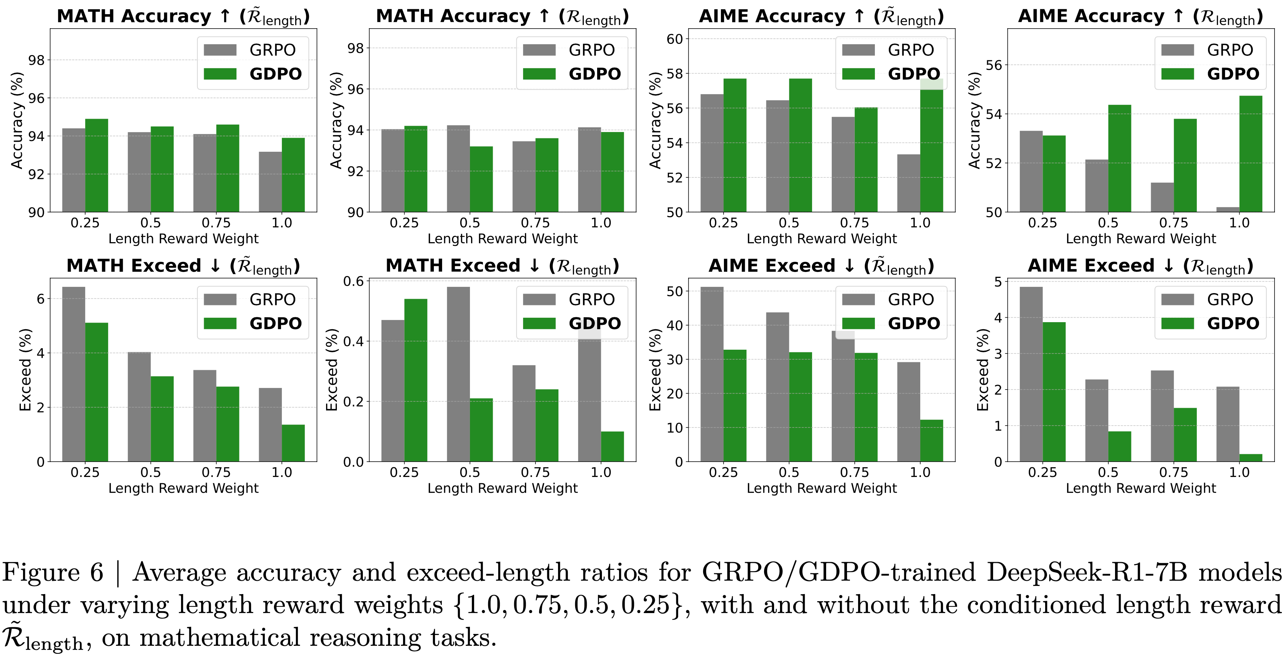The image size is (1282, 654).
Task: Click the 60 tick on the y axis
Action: [x=674, y=39]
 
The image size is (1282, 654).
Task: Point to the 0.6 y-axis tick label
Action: [x=353, y=281]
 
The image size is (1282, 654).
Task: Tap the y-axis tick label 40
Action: [x=674, y=325]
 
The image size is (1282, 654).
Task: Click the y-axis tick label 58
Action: [x=674, y=74]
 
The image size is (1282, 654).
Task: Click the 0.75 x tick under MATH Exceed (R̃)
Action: [x=216, y=472]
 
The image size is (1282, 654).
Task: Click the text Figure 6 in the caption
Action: [x=52, y=573]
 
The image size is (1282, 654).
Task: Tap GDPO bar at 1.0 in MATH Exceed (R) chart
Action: [x=612, y=446]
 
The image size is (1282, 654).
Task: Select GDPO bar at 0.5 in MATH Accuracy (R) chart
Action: [x=481, y=179]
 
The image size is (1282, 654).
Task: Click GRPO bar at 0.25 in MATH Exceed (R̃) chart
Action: [x=74, y=374]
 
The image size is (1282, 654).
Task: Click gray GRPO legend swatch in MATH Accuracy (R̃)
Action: [x=220, y=50]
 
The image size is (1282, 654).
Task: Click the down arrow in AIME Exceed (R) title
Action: [x=1169, y=266]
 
